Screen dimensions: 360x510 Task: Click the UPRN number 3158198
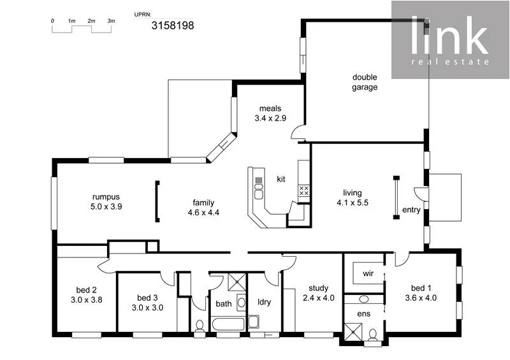(172, 25)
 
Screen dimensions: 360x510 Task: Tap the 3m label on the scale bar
(111, 21)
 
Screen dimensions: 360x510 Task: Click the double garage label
(365, 82)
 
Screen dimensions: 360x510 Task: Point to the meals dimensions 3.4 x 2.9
(270, 119)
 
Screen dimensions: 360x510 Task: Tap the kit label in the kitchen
(281, 179)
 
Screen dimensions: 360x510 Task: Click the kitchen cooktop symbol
(304, 190)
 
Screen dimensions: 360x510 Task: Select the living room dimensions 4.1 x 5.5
(353, 203)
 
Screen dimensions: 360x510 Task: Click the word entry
(411, 210)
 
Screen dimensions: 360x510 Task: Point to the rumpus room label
(106, 196)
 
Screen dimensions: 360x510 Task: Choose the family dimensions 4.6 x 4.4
(203, 213)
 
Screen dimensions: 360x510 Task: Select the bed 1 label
(420, 287)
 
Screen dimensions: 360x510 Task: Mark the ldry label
(265, 303)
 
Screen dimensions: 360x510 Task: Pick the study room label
(318, 287)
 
